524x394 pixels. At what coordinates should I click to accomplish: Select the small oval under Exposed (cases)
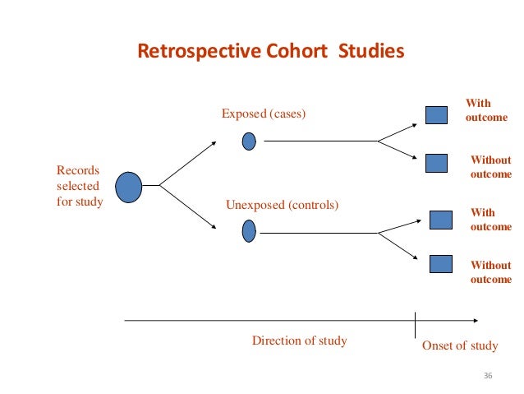tap(249, 141)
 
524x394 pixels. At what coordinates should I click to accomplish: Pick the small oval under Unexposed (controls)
tap(249, 232)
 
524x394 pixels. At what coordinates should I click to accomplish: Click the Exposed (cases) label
tap(264, 114)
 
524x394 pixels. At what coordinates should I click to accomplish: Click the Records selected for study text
tap(80, 186)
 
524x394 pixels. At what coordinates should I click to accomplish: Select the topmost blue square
tap(435, 115)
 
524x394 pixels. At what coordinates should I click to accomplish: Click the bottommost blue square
tap(441, 264)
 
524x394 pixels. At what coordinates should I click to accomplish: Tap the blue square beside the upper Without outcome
tap(435, 163)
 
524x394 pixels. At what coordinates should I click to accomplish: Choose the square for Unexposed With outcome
tap(441, 220)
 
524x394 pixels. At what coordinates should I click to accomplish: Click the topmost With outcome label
tap(485, 110)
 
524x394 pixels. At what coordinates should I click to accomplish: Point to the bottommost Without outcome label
tap(490, 272)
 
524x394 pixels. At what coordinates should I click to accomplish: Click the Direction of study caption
tap(299, 341)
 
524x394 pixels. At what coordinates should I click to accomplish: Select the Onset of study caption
tap(460, 345)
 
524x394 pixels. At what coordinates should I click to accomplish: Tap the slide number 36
tap(490, 376)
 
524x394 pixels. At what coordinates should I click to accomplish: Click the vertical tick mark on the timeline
tap(416, 321)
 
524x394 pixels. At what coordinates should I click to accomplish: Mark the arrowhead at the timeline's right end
tap(476, 320)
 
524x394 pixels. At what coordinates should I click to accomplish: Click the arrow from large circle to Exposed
tap(188, 162)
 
